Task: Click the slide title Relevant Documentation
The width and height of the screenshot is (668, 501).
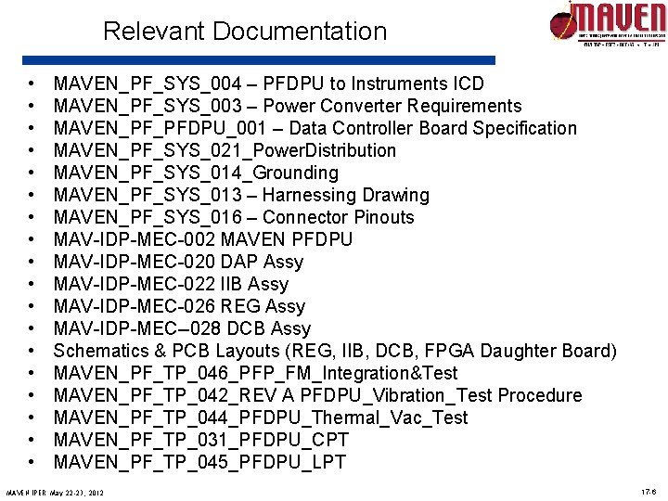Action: click(245, 32)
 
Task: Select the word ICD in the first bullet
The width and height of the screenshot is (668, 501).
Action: click(465, 83)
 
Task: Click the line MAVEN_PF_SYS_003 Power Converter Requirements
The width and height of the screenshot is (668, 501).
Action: click(288, 106)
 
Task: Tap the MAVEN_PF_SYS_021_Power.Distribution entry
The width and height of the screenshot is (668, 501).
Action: click(225, 150)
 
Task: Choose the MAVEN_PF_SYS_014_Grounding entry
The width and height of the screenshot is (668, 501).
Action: click(196, 173)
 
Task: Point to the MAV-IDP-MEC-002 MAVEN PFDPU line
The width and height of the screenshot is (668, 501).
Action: click(203, 239)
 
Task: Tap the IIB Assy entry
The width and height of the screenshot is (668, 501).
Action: click(252, 284)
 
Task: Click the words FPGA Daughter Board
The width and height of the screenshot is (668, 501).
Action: click(520, 351)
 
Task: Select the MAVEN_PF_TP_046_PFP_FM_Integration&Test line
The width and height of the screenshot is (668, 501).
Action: click(255, 373)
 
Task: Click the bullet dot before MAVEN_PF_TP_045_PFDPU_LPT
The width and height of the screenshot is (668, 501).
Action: click(32, 462)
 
